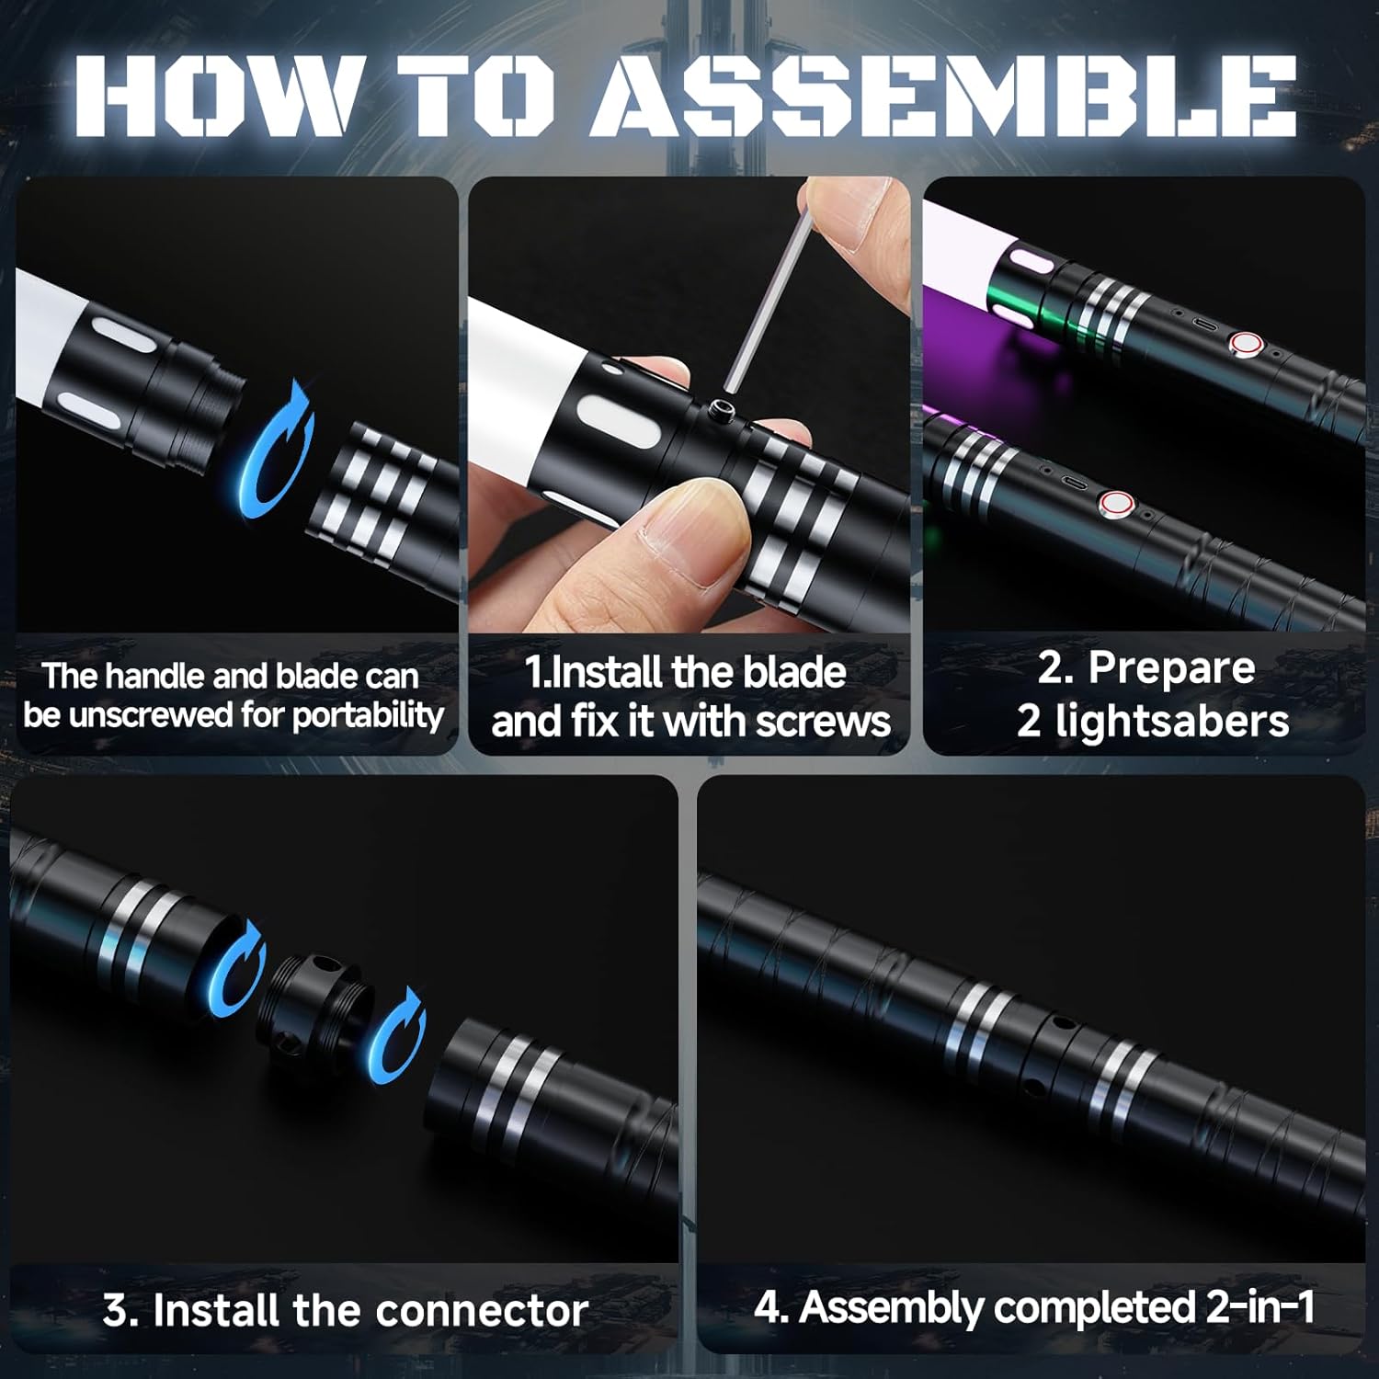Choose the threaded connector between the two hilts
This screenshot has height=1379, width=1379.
(x=317, y=1008)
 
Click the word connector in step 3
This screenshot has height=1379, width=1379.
(x=482, y=1310)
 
